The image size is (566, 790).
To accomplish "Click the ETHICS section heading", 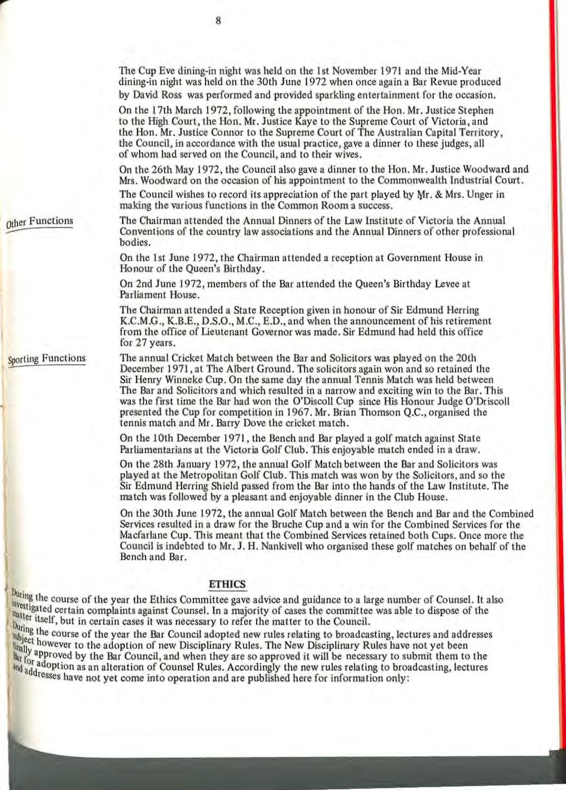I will [228, 584].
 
